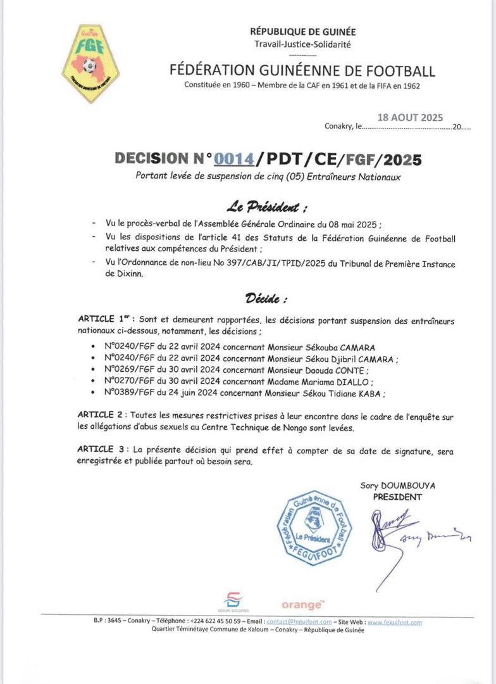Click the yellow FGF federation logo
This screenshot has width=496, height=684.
point(90,63)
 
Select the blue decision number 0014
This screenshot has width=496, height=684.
point(234,160)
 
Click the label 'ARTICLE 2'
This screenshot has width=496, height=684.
point(100,414)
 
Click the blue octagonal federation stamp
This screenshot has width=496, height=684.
point(314,528)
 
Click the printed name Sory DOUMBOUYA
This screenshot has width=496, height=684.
point(397,486)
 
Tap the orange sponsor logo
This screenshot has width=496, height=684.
point(302,605)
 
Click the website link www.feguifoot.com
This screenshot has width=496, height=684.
point(395,622)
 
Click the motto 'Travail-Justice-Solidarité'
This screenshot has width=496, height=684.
point(302,44)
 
